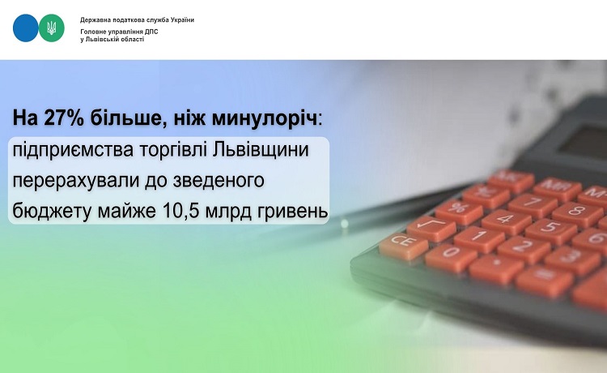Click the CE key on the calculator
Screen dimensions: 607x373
point(403,245)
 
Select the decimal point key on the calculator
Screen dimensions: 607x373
point(495,268)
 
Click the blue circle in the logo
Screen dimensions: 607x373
point(26,28)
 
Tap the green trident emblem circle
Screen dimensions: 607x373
point(52,28)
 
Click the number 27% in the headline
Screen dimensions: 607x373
point(64,118)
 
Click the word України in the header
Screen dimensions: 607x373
point(180,19)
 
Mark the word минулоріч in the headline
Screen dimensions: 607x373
point(265,118)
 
